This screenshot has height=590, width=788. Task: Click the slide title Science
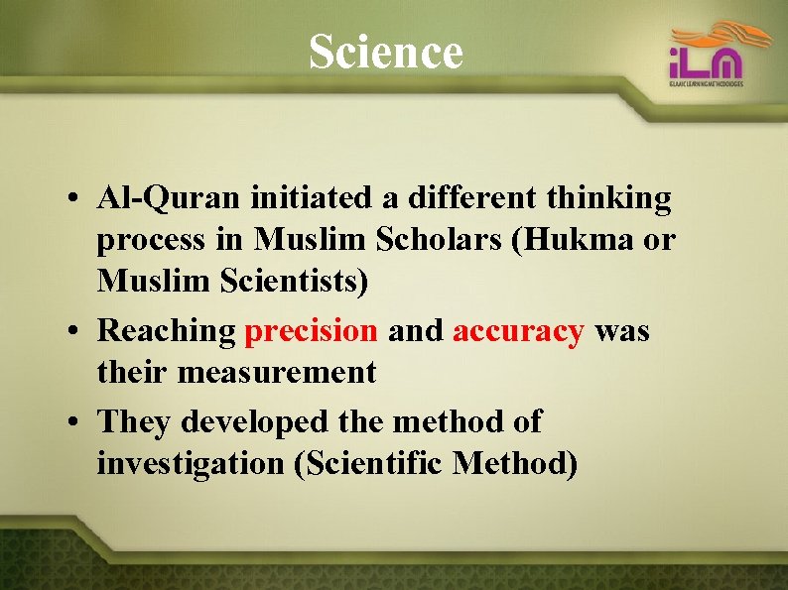pos(385,52)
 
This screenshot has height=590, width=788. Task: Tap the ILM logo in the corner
pos(706,59)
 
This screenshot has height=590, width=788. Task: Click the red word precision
pos(311,331)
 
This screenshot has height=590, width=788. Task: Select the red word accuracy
pos(518,331)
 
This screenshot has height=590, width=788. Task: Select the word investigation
pos(190,463)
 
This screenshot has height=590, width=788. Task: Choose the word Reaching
pos(166,331)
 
